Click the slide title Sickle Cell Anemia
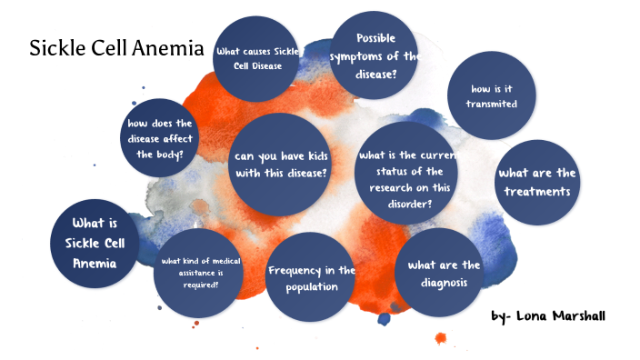click(x=116, y=47)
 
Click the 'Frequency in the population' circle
click(x=311, y=279)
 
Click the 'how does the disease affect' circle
click(x=159, y=138)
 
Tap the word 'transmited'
click(x=491, y=105)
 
